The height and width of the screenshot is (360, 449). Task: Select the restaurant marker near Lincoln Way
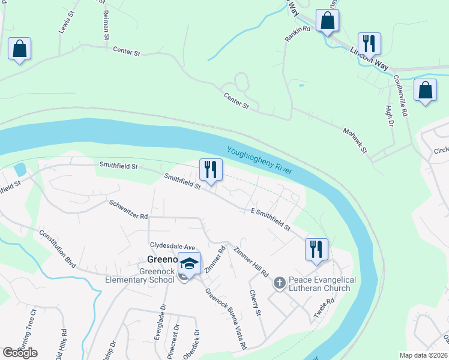pos(369,43)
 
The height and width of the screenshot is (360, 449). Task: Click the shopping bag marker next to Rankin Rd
pos(328,21)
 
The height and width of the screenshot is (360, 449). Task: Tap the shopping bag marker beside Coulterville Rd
pos(425,91)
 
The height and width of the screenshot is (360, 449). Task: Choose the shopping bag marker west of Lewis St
pos(19,49)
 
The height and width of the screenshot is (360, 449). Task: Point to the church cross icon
pos(279,282)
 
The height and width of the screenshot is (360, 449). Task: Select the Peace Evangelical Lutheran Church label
pos(322,284)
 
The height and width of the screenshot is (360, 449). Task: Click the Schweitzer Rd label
pos(128,209)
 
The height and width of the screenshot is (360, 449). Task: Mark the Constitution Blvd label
pos(60,247)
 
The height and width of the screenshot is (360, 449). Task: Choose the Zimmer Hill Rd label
pos(251,262)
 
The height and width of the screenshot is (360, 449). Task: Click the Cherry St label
pos(256,304)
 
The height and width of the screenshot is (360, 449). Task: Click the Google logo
pos(19,353)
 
